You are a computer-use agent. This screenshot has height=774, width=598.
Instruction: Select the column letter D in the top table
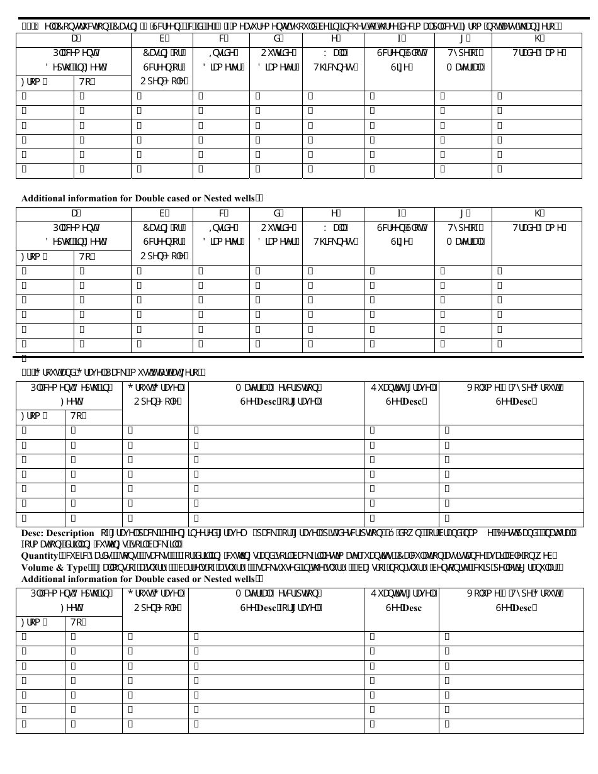tap(74, 38)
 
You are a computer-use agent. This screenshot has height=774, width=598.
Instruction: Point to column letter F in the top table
tap(222, 38)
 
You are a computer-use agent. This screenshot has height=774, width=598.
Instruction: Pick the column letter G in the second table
tap(277, 213)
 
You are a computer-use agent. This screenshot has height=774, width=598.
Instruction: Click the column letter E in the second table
tap(162, 213)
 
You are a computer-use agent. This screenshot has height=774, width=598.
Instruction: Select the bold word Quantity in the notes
tap(40, 556)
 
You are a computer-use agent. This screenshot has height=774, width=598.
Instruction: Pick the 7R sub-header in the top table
tap(84, 82)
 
